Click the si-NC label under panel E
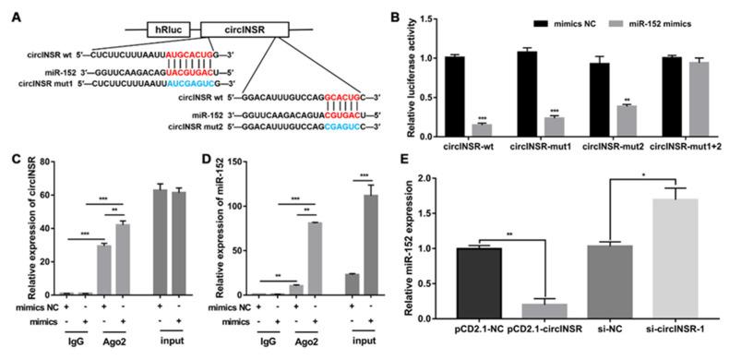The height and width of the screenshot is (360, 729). click(600, 329)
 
